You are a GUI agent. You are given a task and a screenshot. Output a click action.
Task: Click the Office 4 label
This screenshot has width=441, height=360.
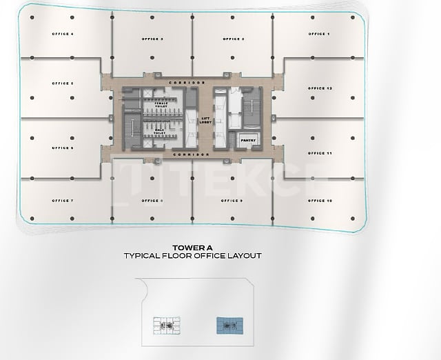(x=63, y=34)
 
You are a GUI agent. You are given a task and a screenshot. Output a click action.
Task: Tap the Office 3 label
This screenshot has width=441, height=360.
(x=152, y=39)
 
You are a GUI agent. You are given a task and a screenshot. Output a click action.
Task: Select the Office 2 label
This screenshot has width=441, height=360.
(x=234, y=39)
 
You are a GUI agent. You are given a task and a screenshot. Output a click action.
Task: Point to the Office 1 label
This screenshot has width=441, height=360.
(x=319, y=34)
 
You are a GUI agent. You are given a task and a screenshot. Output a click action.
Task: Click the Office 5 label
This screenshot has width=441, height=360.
(x=63, y=83)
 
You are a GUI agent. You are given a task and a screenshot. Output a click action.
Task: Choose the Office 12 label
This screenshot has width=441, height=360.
(x=320, y=89)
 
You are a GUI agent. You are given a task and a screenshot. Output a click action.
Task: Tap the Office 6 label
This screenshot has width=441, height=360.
(x=63, y=148)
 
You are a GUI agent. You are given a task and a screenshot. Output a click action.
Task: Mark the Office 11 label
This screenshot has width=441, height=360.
(x=320, y=152)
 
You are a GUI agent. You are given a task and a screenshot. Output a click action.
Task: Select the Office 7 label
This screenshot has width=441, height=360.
(x=63, y=201)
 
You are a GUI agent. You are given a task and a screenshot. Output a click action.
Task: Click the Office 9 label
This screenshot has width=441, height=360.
(x=232, y=201)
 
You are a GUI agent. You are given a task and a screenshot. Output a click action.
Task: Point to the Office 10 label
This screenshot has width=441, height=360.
(x=320, y=201)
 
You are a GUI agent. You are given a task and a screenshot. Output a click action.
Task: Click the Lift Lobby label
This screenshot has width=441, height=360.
(x=205, y=120)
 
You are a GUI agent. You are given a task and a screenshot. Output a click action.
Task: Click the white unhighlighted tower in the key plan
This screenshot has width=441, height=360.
(x=165, y=324)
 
